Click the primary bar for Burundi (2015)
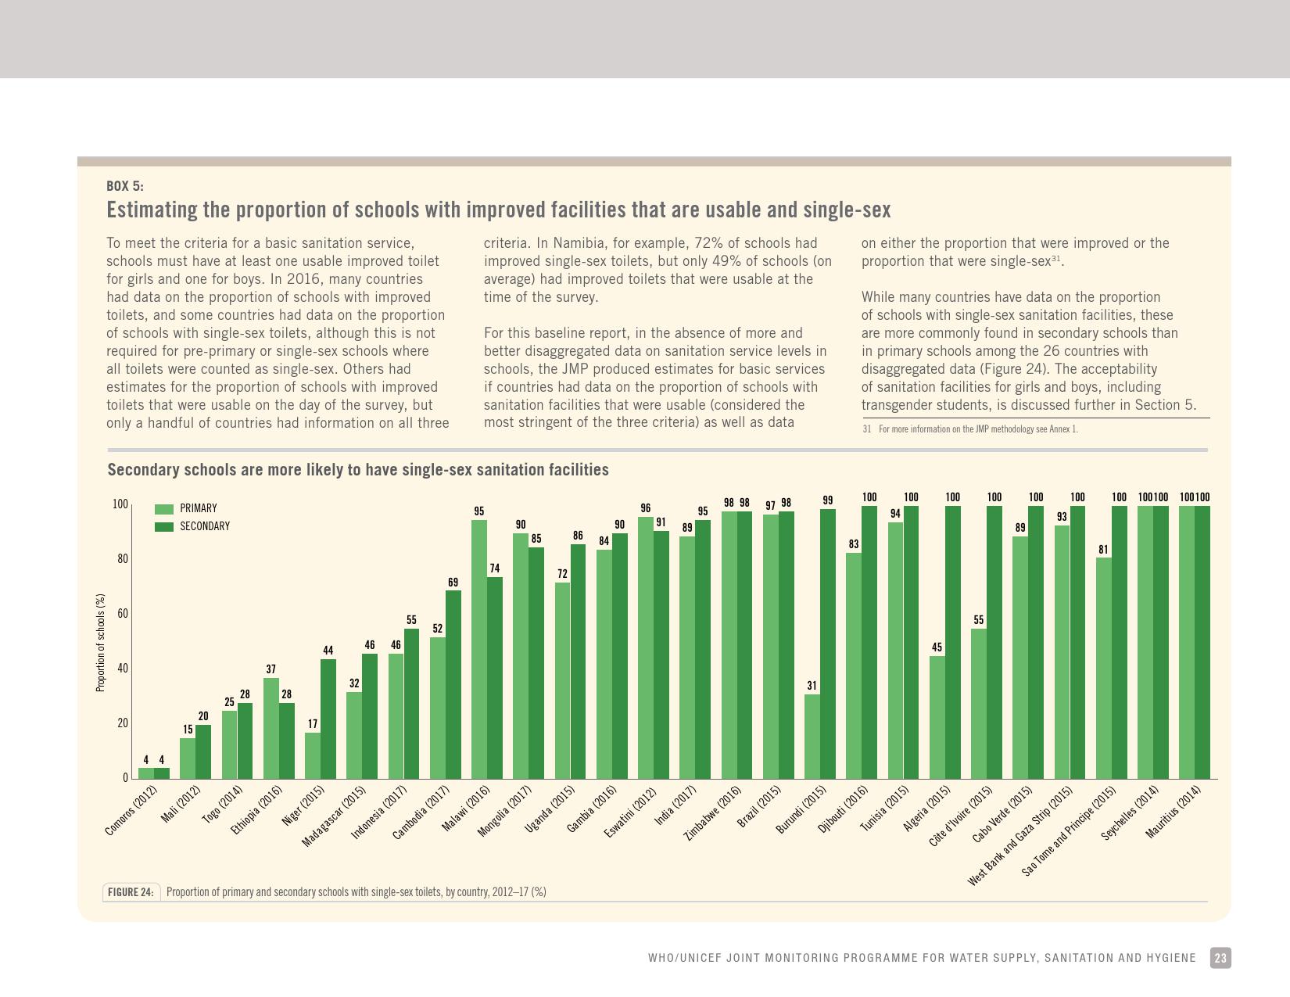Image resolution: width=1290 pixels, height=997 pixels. click(812, 736)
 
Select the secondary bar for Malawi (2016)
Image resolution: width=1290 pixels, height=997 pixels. click(495, 678)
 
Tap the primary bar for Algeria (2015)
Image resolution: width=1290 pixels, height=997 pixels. click(937, 717)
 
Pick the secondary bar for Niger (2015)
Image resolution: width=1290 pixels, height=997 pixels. click(328, 719)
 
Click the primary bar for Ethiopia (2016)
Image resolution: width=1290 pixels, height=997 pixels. click(271, 728)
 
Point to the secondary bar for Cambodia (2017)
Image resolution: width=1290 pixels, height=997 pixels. click(453, 684)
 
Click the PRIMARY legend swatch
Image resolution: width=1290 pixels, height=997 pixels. click(164, 508)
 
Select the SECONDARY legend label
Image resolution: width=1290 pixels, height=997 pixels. click(205, 526)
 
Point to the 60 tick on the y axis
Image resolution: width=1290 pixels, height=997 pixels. click(122, 614)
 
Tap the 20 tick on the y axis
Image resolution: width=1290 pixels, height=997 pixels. click(122, 723)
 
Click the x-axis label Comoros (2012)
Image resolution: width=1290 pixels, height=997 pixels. click(131, 811)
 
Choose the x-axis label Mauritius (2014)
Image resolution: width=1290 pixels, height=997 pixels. click(1172, 811)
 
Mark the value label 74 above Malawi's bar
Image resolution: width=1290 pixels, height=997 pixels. click(495, 568)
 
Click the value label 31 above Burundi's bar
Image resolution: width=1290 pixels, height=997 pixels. click(812, 686)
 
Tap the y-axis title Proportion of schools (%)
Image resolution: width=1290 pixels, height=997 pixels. click(100, 643)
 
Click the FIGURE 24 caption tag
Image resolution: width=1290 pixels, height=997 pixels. click(131, 892)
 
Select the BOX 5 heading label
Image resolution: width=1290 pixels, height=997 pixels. click(125, 186)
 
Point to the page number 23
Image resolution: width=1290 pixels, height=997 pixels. click(1220, 958)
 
